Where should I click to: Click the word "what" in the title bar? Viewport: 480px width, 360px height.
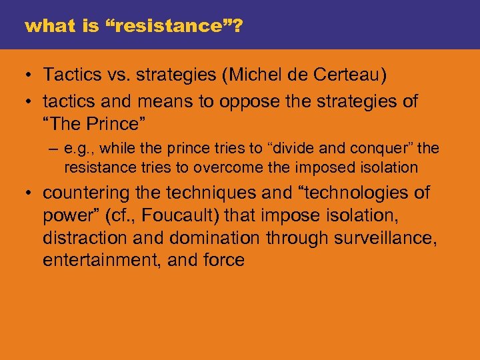43,27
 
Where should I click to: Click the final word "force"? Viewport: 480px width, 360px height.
225,260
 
